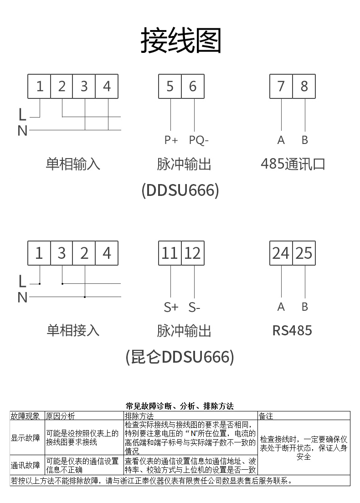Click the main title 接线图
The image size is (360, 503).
coord(181,41)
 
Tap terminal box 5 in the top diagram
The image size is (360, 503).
coord(170,86)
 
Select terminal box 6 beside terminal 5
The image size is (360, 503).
coord(193,86)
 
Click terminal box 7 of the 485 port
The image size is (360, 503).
coord(281,86)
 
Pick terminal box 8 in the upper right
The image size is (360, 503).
coord(304,86)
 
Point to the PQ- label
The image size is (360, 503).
coord(199,140)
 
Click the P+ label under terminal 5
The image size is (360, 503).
coord(171,140)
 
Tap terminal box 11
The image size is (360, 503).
coord(170,253)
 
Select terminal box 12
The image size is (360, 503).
coord(193,253)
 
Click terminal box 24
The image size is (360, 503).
coord(281,253)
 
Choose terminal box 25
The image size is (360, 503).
coord(304,253)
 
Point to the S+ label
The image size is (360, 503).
coord(171,308)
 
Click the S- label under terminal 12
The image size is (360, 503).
coord(195,308)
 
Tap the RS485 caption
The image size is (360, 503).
coord(292,331)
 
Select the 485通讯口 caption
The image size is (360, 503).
coord(293,164)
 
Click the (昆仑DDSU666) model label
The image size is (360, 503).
coord(180,357)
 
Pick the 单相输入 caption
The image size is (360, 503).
coord(73,164)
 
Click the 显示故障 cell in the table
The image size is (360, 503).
coord(26,437)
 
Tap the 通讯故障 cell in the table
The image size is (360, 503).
coord(26,465)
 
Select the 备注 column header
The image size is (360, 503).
coord(266,416)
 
